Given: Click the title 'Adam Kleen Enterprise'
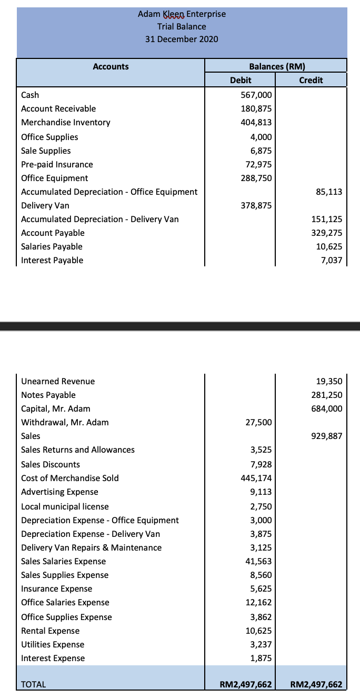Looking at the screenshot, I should pos(182,14).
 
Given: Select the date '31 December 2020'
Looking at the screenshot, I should pos(182,39).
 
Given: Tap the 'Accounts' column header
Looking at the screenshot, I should pos(111,66).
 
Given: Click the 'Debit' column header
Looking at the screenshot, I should pos(241,80).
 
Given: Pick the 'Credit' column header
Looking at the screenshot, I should pos(311,80).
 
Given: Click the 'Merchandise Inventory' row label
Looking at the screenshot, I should pos(66,123).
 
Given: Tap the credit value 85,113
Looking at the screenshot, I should pos(329,192).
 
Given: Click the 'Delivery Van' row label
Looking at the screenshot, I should pos(45,205).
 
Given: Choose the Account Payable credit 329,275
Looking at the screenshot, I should pos(327,233).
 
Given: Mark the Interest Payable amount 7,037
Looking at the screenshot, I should pos(332,260).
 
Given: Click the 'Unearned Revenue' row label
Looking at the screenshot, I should pos(58,381).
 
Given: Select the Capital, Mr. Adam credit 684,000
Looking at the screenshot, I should pos(327,408).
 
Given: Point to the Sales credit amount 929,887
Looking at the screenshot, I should pos(327,436).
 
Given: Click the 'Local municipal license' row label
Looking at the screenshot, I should pos(65,506).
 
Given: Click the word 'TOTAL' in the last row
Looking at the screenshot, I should pos(33,684).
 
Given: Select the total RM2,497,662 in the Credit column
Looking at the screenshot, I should pos(316,684).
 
